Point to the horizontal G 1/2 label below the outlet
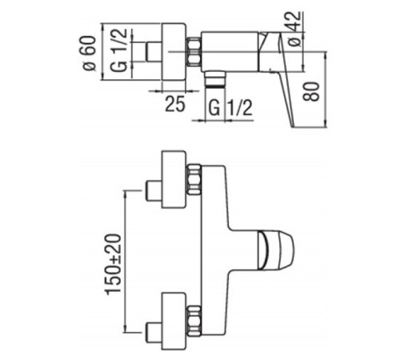coord(226,106)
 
